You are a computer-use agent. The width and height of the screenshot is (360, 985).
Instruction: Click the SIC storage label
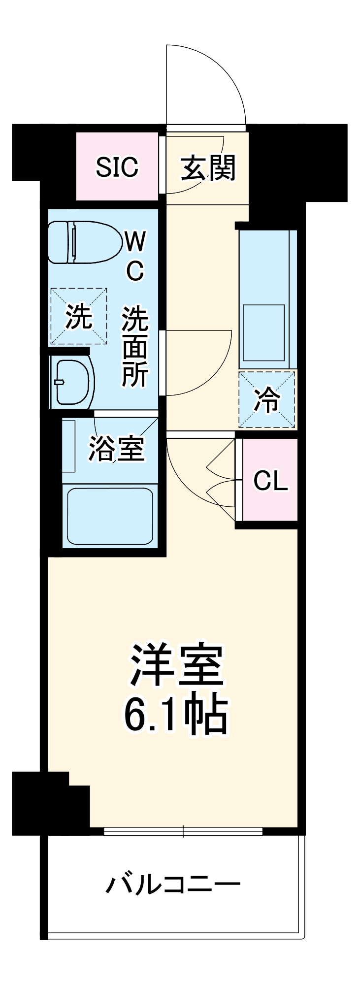[x=117, y=167]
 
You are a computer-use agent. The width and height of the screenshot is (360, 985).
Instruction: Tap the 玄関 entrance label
[x=207, y=168]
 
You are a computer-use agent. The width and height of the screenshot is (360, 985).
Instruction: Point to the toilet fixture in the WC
[x=84, y=242]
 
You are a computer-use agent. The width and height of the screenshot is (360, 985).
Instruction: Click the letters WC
[x=135, y=256]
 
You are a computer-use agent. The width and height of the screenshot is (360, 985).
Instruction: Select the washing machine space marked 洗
[x=79, y=316]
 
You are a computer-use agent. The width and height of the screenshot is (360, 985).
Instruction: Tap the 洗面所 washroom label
[x=135, y=347]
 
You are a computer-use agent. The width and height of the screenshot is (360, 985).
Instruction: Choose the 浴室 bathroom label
[x=116, y=448]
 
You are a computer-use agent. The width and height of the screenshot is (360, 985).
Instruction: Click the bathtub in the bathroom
[x=109, y=516]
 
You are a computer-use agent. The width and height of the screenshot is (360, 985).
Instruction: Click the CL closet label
[x=270, y=481]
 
